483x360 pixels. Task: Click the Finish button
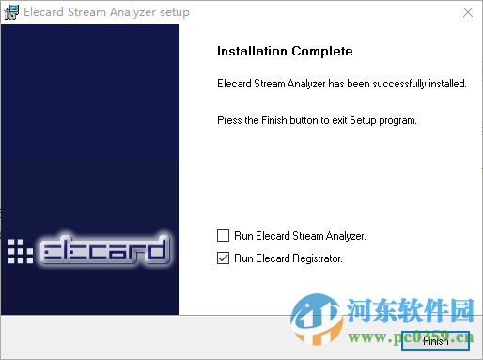[435, 340]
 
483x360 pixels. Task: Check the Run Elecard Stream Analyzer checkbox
[223, 235]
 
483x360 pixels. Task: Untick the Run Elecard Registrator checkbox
[223, 258]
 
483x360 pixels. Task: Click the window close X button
[467, 12]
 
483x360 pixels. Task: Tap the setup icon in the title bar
[12, 12]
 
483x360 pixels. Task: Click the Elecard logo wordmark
[105, 250]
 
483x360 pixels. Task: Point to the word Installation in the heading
[250, 51]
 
